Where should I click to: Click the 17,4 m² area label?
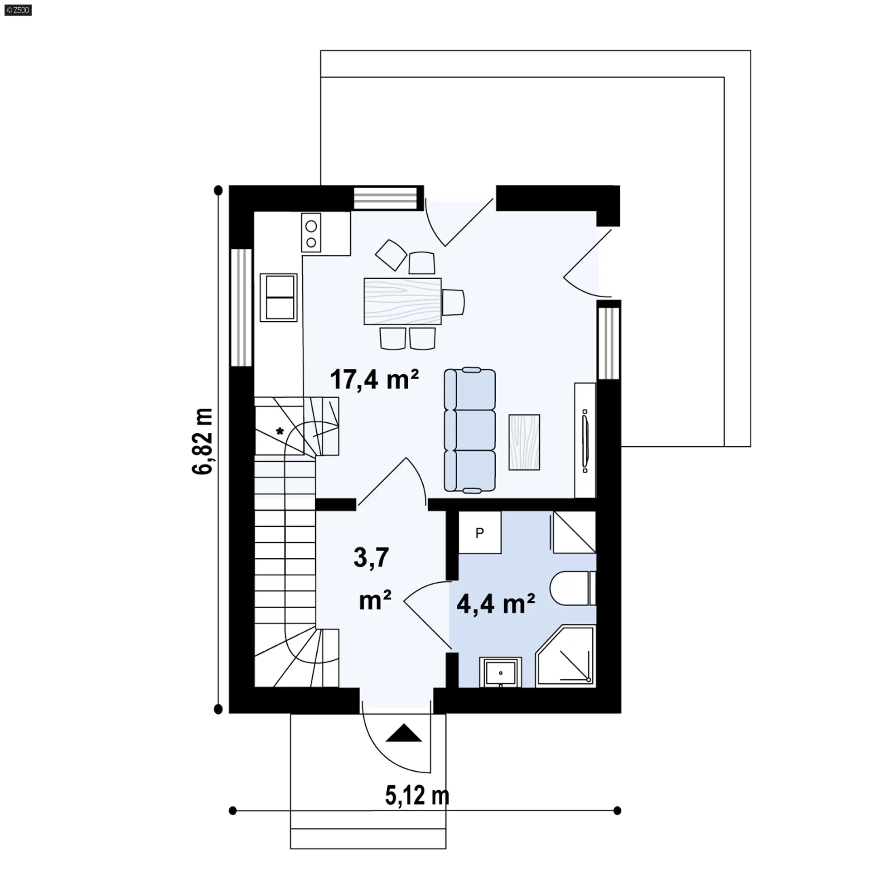(374, 379)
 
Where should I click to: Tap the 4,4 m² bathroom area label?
(496, 604)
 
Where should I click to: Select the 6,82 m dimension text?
(203, 441)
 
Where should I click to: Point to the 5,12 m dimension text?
(417, 808)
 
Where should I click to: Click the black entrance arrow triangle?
(404, 733)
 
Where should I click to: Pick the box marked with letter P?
(480, 532)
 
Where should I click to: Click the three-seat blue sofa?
(469, 430)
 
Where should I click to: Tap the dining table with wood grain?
(402, 301)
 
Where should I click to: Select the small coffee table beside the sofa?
(524, 442)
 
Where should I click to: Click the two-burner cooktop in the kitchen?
(311, 232)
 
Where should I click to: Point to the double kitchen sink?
(279, 297)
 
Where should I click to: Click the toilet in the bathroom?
(573, 588)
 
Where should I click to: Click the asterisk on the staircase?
(280, 431)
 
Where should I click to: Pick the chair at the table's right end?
(454, 302)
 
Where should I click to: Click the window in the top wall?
(386, 198)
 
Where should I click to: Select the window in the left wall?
(242, 307)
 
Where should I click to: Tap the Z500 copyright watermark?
(19, 10)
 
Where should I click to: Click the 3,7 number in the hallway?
(371, 557)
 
